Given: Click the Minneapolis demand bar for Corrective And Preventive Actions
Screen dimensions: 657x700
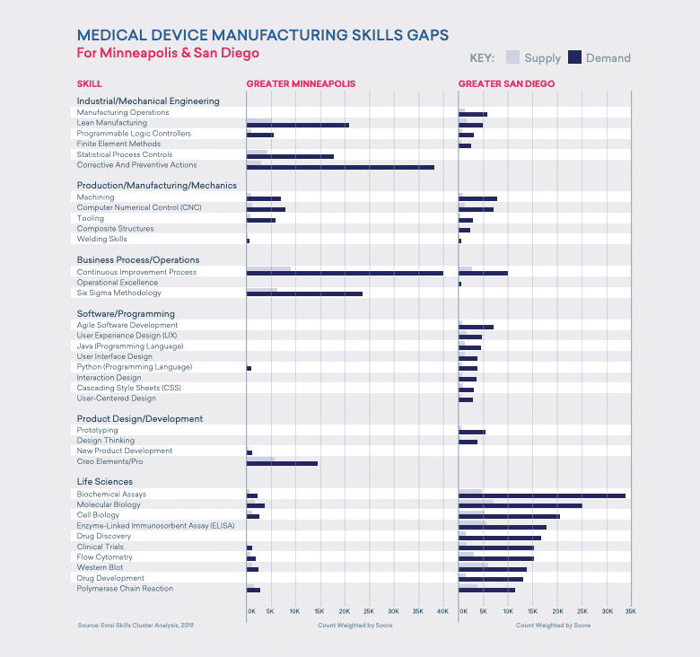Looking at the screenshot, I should tap(340, 167).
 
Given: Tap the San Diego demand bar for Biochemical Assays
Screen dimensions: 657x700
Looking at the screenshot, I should tap(542, 495).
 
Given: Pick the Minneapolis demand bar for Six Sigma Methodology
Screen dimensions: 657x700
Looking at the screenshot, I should tap(304, 293).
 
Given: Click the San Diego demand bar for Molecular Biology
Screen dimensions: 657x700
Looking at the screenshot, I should tap(521, 506).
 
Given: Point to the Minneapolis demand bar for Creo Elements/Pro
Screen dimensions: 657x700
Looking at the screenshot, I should tap(282, 463).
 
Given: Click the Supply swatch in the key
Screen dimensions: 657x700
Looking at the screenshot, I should tap(513, 57).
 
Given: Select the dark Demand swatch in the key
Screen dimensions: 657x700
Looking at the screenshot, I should tap(575, 57).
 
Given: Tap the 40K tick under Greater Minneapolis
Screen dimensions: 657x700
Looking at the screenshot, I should tap(442, 611).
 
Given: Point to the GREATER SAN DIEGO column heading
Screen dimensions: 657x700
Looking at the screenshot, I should tap(506, 84).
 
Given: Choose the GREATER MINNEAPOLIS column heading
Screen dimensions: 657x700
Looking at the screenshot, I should tap(301, 84).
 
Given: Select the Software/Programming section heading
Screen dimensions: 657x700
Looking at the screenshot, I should tap(126, 313).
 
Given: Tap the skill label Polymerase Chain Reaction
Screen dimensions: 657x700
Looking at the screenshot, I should tap(125, 589).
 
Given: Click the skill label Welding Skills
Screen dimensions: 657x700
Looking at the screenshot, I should tap(101, 240).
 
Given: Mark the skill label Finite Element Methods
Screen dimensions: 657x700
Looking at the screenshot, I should tap(118, 144).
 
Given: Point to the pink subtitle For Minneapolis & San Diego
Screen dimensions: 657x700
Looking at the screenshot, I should tap(168, 53).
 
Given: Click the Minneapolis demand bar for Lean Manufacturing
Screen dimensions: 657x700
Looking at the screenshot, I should tap(297, 125).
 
